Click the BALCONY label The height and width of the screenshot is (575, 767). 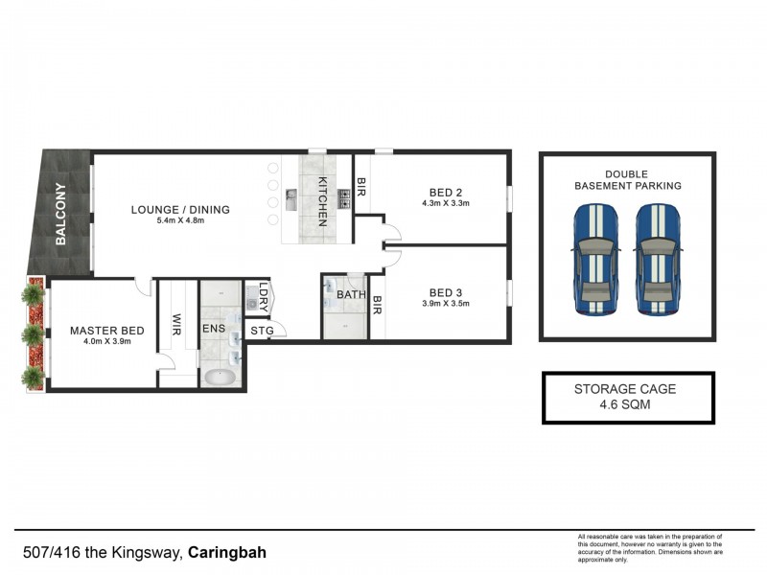[x=60, y=215]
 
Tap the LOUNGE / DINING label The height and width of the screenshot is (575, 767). [x=180, y=210]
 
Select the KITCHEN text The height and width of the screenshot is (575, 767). [x=323, y=202]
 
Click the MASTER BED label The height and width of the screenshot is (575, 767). [x=107, y=331]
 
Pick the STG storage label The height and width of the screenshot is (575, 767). [x=262, y=332]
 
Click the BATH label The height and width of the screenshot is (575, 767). [x=351, y=294]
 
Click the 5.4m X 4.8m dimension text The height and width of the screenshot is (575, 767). [x=180, y=221]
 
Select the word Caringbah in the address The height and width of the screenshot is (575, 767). [x=227, y=553]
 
